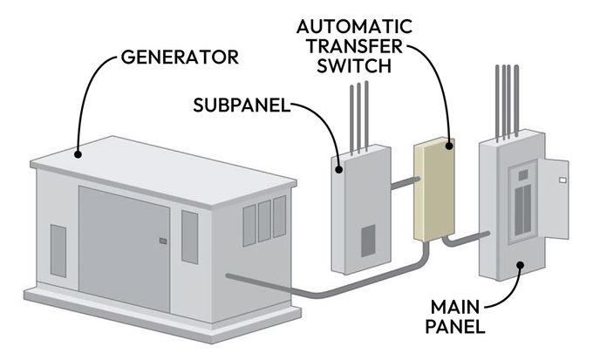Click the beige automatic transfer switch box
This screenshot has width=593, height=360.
pos(433,192)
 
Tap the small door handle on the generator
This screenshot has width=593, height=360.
pos(162,241)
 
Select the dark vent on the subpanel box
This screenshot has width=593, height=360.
pos(368,240)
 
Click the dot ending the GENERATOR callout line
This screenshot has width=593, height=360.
pos(79,154)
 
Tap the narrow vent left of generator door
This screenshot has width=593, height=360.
pos(58,246)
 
